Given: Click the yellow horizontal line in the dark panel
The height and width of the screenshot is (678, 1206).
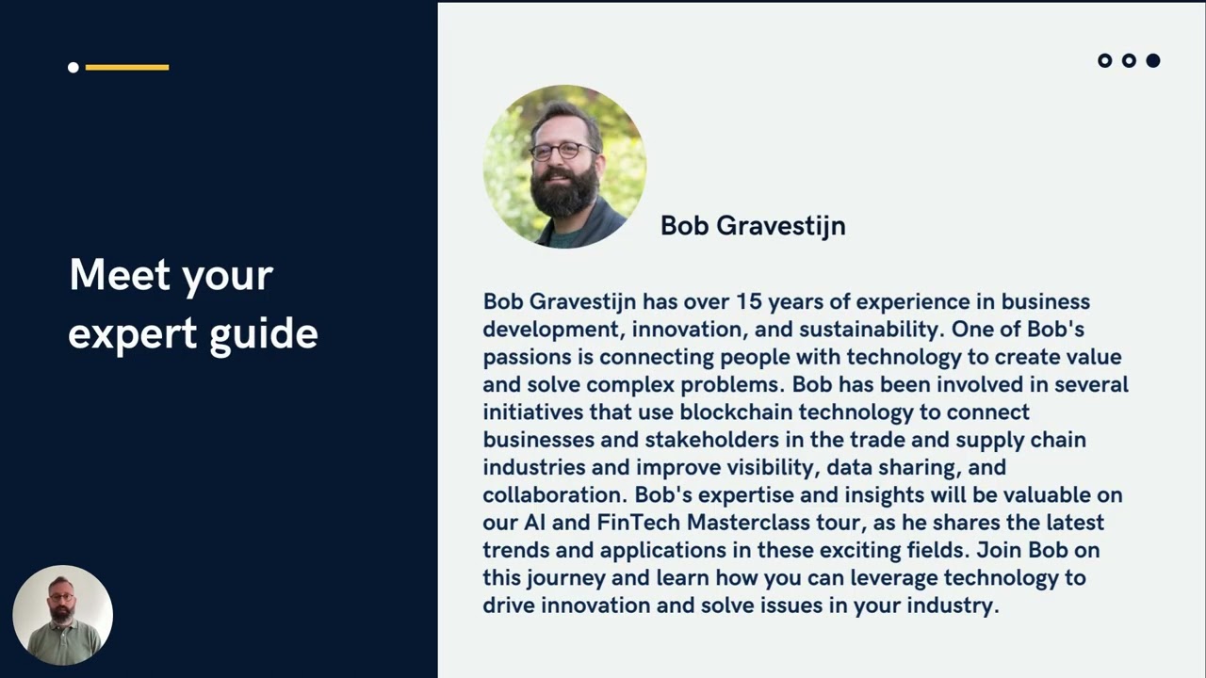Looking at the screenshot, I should tap(127, 67).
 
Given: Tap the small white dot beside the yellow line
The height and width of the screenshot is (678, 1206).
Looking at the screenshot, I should tap(73, 67).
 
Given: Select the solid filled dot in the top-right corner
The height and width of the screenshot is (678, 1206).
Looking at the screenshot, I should tap(1152, 60).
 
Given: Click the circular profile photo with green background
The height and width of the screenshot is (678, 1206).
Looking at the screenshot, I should tap(564, 167).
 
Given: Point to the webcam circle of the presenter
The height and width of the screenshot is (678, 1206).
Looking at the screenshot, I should tap(63, 615).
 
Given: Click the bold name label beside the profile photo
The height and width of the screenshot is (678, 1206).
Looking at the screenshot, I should tap(753, 226).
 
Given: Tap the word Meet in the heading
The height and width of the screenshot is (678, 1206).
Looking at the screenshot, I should tap(120, 276).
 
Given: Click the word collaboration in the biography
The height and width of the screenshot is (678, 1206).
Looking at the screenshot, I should tap(554, 495).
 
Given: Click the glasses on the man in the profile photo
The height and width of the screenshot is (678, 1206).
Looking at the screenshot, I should tap(563, 150).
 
